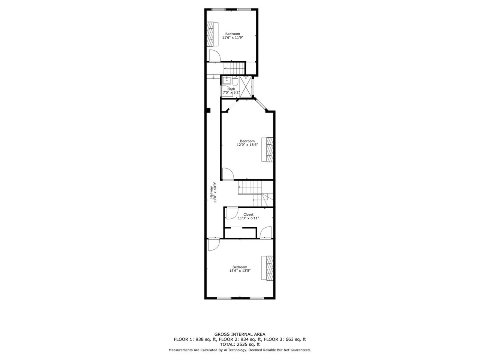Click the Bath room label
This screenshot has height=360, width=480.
pyautogui.click(x=231, y=89)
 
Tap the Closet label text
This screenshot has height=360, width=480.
pyautogui.click(x=248, y=214)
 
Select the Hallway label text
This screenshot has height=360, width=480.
pyautogui.click(x=211, y=192)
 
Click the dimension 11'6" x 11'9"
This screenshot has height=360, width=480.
pyautogui.click(x=232, y=37)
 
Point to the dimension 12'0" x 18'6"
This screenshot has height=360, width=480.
pyautogui.click(x=247, y=144)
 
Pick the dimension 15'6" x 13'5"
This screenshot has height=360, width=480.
pyautogui.click(x=240, y=270)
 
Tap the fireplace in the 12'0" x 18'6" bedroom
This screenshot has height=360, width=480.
pyautogui.click(x=267, y=149)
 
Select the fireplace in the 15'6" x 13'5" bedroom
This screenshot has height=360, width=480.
pyautogui.click(x=267, y=268)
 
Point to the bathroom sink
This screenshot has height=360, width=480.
pyautogui.click(x=227, y=80)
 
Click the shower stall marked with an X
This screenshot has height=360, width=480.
pyautogui.click(x=246, y=87)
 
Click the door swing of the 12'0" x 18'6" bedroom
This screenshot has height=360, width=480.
pyautogui.click(x=228, y=174)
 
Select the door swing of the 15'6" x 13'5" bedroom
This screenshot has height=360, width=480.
pyautogui.click(x=214, y=244)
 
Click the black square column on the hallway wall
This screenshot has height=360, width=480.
pyautogui.click(x=208, y=110)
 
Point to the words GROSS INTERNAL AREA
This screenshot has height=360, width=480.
pyautogui.click(x=240, y=334)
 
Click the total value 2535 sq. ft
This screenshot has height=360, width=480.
pyautogui.click(x=247, y=345)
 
